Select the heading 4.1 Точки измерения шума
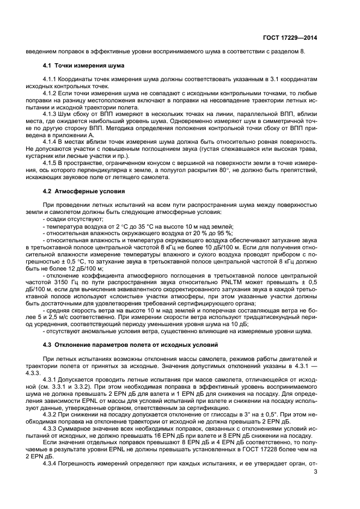pyautogui.click(x=83, y=66)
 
